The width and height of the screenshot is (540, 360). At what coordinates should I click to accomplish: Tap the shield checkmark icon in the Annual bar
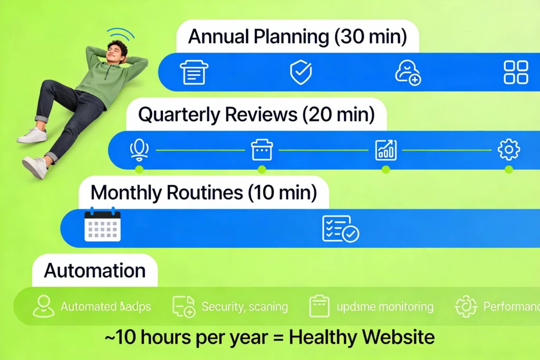coord(301,72)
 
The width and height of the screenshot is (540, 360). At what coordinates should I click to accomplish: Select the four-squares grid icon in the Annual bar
coord(516,72)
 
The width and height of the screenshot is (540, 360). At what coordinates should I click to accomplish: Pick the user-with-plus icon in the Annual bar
coord(408,73)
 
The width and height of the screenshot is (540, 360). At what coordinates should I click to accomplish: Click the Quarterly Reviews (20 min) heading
coord(256,115)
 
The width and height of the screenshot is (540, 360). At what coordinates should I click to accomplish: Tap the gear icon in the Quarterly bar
coord(509,150)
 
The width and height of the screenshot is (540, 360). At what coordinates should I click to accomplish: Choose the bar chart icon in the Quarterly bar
coord(385,150)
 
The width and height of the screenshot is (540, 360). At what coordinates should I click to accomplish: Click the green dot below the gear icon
coord(509,169)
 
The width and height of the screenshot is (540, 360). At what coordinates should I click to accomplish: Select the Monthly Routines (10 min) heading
coord(204,193)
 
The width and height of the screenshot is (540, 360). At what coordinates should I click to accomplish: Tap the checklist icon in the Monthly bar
coord(340,228)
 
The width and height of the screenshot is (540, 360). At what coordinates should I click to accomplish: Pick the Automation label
coord(95,270)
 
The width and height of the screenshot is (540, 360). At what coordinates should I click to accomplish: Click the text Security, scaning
coord(245,307)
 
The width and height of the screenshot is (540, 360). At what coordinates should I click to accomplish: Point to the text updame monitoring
coord(385,307)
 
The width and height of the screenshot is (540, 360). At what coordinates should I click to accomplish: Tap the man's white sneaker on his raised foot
coord(33,135)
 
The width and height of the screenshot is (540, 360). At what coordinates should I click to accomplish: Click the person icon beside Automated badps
coord(43,306)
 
